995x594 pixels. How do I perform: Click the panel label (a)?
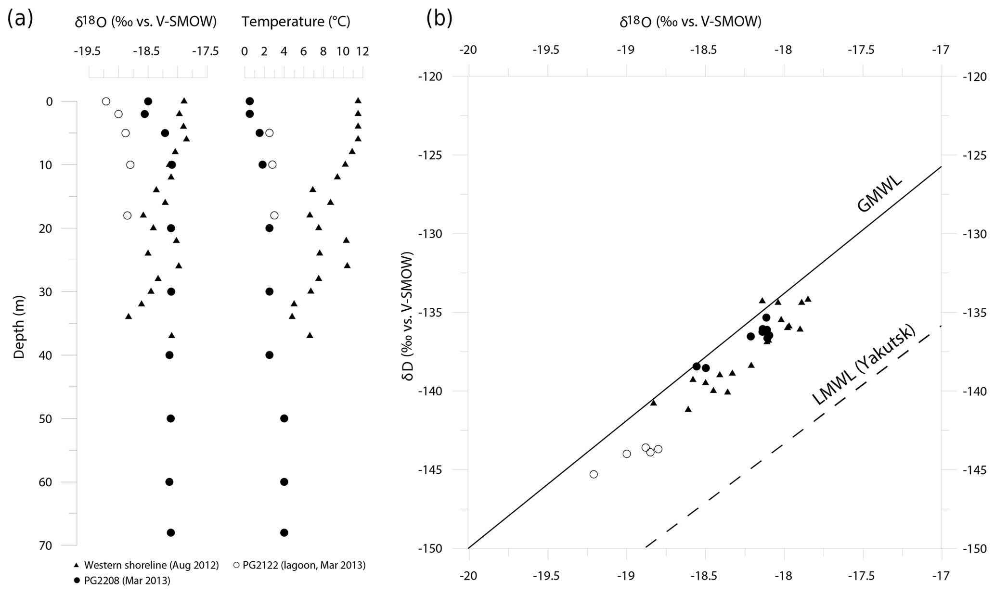(20, 20)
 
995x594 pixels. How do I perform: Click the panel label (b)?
(439, 20)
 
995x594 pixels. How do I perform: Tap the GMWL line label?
(879, 195)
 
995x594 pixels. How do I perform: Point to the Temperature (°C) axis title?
(296, 22)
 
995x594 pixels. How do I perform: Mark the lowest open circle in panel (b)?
(594, 474)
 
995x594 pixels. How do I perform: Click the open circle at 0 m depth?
(106, 101)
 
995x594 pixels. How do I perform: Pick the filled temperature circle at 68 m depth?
(284, 532)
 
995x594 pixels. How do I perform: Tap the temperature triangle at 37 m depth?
(310, 335)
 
